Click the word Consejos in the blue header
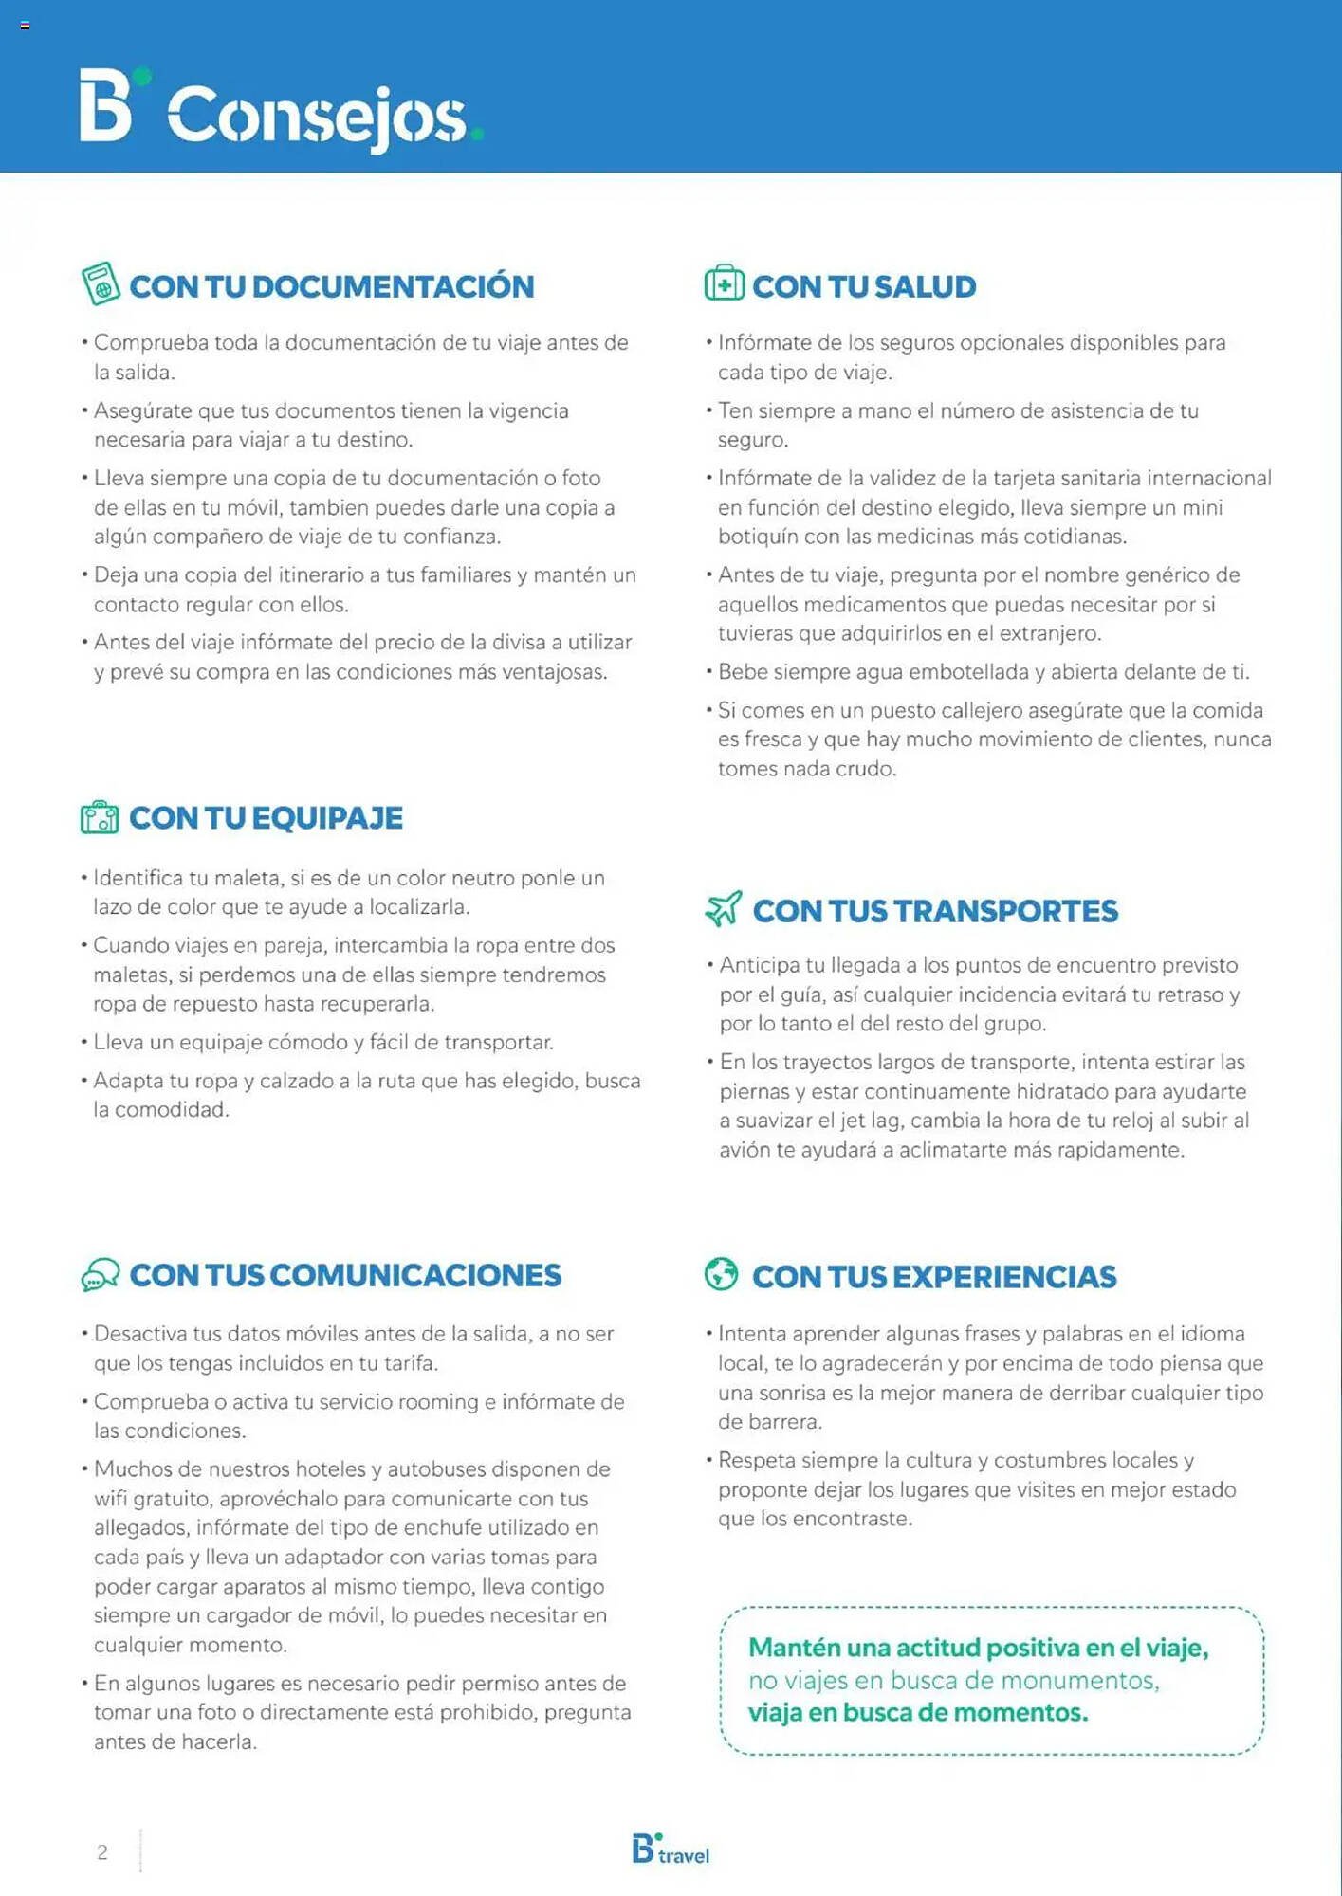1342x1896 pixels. pos(318,116)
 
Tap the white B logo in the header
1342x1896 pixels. pos(105,105)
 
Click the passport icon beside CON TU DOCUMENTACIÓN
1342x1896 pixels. pos(100,283)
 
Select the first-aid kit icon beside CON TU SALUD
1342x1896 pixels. pos(725,283)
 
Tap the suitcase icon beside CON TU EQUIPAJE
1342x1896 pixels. pos(100,817)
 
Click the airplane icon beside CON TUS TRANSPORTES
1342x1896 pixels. pos(724,908)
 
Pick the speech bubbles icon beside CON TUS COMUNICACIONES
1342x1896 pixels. pos(100,1275)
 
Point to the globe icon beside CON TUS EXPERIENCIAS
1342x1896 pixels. pos(721,1274)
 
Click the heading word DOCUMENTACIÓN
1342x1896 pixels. pos(393,286)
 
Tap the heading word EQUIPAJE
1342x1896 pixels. pos(327,818)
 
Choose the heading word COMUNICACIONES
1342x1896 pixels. pos(415,1276)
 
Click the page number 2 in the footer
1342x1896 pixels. pos(102,1851)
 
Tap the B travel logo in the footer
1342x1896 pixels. pos(671,1850)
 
